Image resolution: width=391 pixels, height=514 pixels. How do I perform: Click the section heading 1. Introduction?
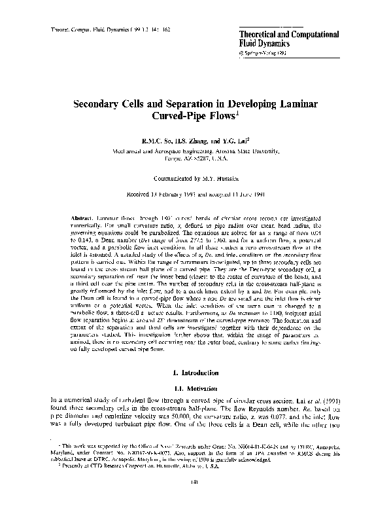(195, 372)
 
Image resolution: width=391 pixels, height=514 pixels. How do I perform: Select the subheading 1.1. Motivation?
(195, 387)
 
